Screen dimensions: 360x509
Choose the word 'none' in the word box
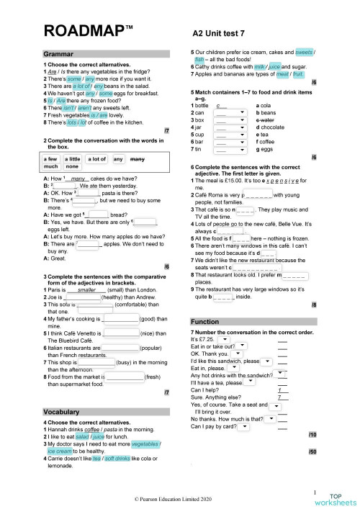click(72, 166)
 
